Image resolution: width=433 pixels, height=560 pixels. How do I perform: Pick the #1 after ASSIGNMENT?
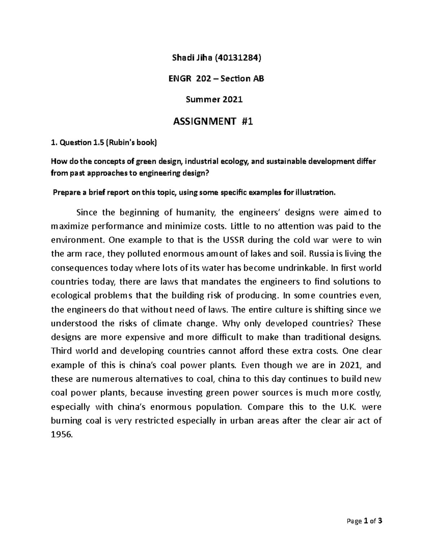coord(248,122)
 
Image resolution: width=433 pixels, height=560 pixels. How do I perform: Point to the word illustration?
coord(315,193)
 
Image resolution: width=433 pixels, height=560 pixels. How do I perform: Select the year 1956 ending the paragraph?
coord(62,435)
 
